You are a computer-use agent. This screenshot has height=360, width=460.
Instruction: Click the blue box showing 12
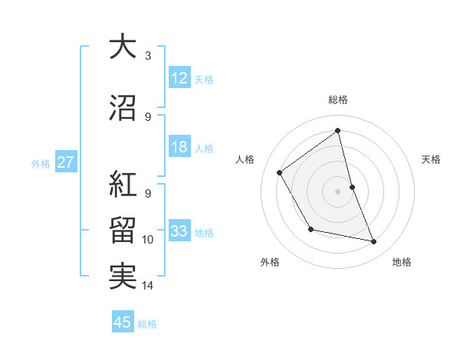179,79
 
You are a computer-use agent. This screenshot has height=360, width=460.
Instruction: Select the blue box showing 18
179,148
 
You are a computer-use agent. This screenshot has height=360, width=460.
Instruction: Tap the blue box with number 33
179,232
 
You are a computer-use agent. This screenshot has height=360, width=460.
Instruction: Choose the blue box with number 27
65,162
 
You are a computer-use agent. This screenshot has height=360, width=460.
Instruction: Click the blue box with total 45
123,322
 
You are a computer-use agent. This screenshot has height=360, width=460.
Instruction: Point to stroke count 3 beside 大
148,56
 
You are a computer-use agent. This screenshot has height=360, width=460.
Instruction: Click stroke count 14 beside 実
148,286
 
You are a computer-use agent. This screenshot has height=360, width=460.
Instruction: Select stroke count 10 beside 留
148,240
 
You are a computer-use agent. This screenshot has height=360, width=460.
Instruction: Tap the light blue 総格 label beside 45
147,324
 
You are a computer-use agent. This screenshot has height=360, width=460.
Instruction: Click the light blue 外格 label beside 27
41,163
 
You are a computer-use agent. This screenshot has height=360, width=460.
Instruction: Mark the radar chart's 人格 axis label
245,159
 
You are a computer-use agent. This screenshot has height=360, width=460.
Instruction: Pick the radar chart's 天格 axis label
431,159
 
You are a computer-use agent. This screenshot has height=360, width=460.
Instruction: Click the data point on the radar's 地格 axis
373,241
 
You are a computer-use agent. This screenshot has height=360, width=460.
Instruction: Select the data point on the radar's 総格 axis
338,131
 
